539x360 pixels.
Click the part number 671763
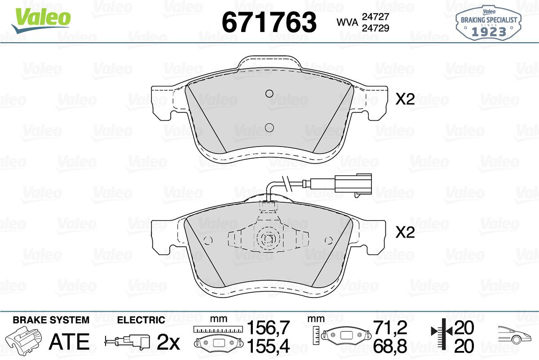point(269,22)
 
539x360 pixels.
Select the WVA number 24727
point(376,17)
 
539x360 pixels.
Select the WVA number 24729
point(376,28)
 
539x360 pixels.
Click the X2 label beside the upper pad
point(405,99)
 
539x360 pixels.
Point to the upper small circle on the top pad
point(269,93)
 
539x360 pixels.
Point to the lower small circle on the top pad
point(269,128)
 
